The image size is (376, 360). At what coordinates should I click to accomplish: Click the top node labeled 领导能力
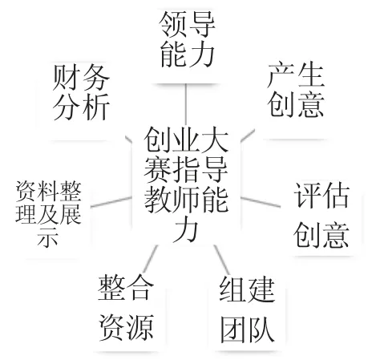[188, 39]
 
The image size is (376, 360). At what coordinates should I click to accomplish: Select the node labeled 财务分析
[81, 92]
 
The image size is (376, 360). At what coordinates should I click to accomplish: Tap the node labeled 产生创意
[296, 90]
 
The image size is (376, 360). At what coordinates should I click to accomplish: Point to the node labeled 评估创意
[321, 215]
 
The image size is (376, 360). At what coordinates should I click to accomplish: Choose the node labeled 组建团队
[247, 309]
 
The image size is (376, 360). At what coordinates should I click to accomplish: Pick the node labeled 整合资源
[126, 308]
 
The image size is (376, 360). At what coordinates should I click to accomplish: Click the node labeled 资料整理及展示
[48, 213]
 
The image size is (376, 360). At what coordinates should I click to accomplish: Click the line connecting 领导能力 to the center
[185, 104]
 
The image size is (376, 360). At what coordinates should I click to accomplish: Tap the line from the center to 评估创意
[261, 202]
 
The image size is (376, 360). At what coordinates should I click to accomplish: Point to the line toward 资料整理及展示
[111, 202]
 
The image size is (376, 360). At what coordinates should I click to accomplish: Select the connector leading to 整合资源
[150, 258]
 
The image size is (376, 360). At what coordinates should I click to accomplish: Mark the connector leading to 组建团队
[222, 259]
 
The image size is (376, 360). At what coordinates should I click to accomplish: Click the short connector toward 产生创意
[248, 136]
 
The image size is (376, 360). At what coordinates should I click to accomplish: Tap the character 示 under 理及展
[48, 237]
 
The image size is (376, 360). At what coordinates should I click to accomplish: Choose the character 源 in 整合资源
[140, 327]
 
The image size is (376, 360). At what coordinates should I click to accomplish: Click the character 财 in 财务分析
[66, 77]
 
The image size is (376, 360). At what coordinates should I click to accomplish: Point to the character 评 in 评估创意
[307, 195]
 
